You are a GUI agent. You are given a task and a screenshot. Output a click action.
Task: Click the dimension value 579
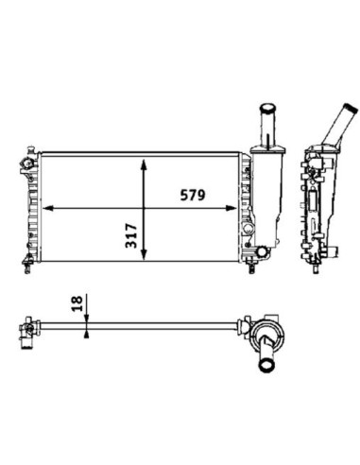coord(193,195)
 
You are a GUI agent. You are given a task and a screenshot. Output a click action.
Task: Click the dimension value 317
coord(131,235)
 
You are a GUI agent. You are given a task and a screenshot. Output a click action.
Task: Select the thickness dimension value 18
coord(77,303)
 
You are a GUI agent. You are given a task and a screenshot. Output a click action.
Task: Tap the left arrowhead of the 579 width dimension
coord(47,208)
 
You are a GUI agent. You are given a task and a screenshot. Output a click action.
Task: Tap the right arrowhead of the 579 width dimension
coord(231,208)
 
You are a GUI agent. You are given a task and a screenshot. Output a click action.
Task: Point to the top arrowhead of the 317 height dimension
coord(144,164)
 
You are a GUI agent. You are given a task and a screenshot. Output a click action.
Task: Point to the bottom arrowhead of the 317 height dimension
coord(144,254)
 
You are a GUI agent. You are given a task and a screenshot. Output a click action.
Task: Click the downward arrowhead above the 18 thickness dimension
coord(86,319)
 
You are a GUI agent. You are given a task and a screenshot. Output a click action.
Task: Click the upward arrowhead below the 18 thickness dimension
coord(86,334)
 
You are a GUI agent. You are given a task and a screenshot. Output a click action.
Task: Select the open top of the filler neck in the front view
coord(267,108)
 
